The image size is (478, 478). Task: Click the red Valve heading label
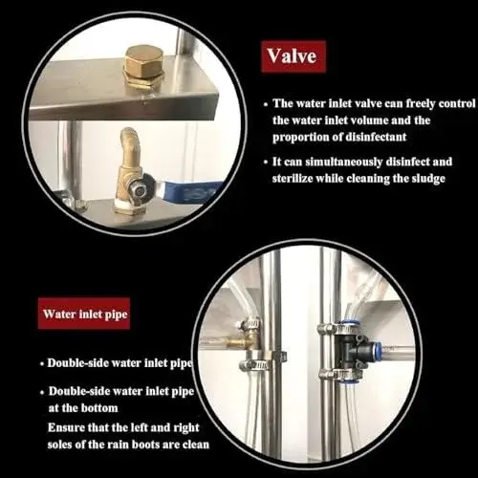tap(293, 56)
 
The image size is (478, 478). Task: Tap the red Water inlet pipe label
tap(84, 314)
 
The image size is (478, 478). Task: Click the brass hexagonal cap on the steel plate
tap(143, 63)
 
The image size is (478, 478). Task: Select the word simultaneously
tap(344, 162)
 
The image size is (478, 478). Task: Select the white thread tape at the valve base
tap(130, 206)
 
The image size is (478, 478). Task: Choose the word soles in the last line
tap(59, 444)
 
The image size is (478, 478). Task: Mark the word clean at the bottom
tap(196, 444)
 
